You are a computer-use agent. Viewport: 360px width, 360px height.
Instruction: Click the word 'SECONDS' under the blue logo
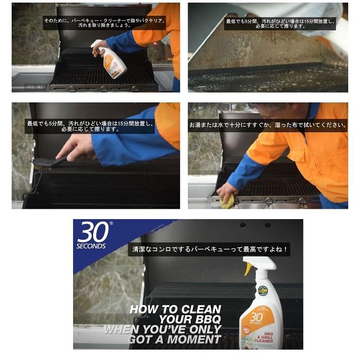click(91, 246)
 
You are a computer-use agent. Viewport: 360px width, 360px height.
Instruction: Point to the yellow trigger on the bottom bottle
click(248, 268)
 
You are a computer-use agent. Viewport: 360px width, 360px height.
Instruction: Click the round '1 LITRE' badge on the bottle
click(263, 291)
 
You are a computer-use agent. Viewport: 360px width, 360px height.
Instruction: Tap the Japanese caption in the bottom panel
click(210, 250)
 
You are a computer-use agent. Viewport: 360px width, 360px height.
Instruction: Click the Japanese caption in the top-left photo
click(104, 22)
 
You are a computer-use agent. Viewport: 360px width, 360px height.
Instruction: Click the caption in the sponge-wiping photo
click(267, 125)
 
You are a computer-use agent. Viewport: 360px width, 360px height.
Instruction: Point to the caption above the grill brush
click(90, 127)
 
